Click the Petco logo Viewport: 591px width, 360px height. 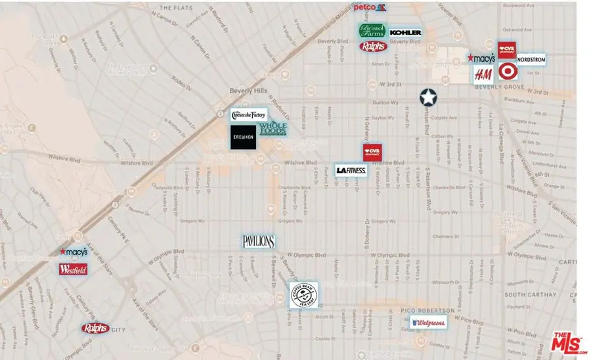coord(370,7)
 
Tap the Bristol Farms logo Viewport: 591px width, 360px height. coord(372,31)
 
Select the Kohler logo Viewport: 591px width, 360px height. coord(405,32)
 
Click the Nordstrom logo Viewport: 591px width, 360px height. coord(531,58)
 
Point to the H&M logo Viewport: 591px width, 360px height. coord(483,74)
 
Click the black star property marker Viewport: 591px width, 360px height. coord(428,98)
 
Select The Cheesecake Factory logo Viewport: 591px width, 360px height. coord(249,115)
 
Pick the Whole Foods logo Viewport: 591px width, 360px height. coord(273,129)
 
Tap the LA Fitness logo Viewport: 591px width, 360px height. coord(351,170)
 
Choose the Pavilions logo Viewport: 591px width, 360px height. coord(258,242)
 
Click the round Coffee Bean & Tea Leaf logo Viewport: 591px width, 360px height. coord(304,295)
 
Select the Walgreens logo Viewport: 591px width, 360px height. coord(429,323)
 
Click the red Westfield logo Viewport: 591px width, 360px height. coord(72,269)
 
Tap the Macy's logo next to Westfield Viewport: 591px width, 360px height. coord(73,252)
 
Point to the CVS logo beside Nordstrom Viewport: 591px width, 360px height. coord(507,50)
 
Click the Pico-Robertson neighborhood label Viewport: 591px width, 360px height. coord(427,308)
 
